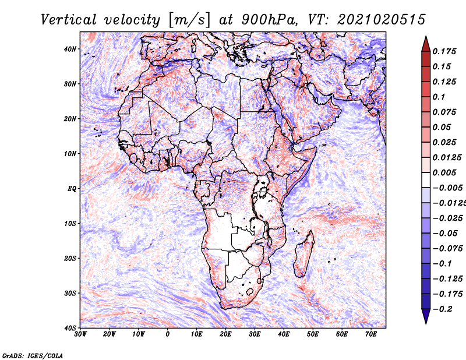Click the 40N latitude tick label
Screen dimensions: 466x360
(x=70, y=49)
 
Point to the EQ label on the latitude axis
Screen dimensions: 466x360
(x=72, y=189)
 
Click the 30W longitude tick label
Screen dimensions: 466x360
(x=80, y=334)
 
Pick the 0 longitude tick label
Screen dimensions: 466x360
(x=168, y=334)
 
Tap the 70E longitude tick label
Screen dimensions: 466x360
(x=371, y=334)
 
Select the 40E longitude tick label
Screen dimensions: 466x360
(x=284, y=334)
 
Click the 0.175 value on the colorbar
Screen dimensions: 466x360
(x=444, y=51)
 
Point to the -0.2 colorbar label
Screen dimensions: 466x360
(x=442, y=309)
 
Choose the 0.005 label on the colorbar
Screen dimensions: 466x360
(x=444, y=172)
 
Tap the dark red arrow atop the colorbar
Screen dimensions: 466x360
(x=426, y=44)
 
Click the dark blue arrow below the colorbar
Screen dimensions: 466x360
(x=426, y=316)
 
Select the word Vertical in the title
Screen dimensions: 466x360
(x=69, y=20)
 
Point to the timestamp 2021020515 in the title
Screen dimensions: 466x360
(x=382, y=20)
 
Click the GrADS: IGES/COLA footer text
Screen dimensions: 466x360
(x=33, y=355)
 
